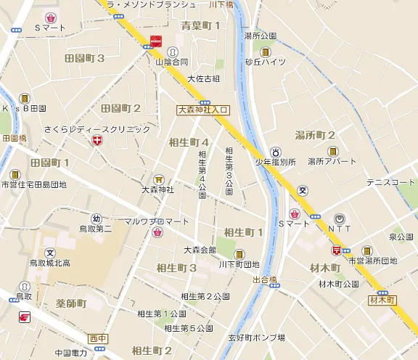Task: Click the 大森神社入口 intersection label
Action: pos(203,110)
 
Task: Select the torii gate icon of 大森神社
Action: pos(158,179)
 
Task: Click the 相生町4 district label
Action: pos(188,142)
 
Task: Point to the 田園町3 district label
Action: pos(85,58)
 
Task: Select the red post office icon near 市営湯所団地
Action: pos(336,249)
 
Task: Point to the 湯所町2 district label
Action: pos(315,135)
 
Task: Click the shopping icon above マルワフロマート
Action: pos(157,232)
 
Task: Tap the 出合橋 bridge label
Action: pos(266,279)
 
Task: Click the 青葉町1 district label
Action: pos(200,26)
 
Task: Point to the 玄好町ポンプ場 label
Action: pos(257,337)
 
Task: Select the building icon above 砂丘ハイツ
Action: pos(266,52)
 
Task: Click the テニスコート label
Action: pos(391,182)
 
